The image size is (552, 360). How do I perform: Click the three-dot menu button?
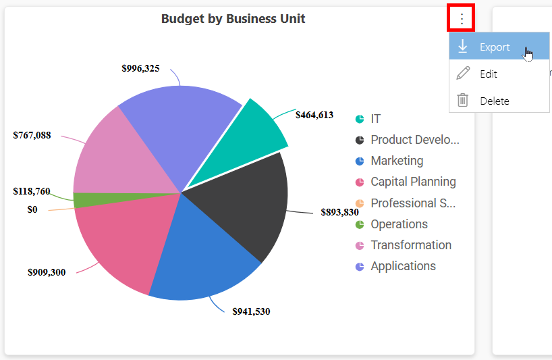click(462, 18)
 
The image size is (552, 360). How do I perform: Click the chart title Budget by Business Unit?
click(233, 19)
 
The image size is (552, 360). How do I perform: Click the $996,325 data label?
click(140, 68)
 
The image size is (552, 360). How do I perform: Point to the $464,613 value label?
click(314, 115)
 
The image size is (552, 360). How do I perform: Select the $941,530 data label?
click(251, 311)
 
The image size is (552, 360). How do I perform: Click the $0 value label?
click(32, 209)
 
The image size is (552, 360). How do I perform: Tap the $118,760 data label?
click(32, 191)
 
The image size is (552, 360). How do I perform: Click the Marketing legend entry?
click(389, 161)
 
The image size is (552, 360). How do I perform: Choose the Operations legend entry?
click(391, 224)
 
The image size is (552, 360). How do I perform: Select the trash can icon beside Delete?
click(462, 100)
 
